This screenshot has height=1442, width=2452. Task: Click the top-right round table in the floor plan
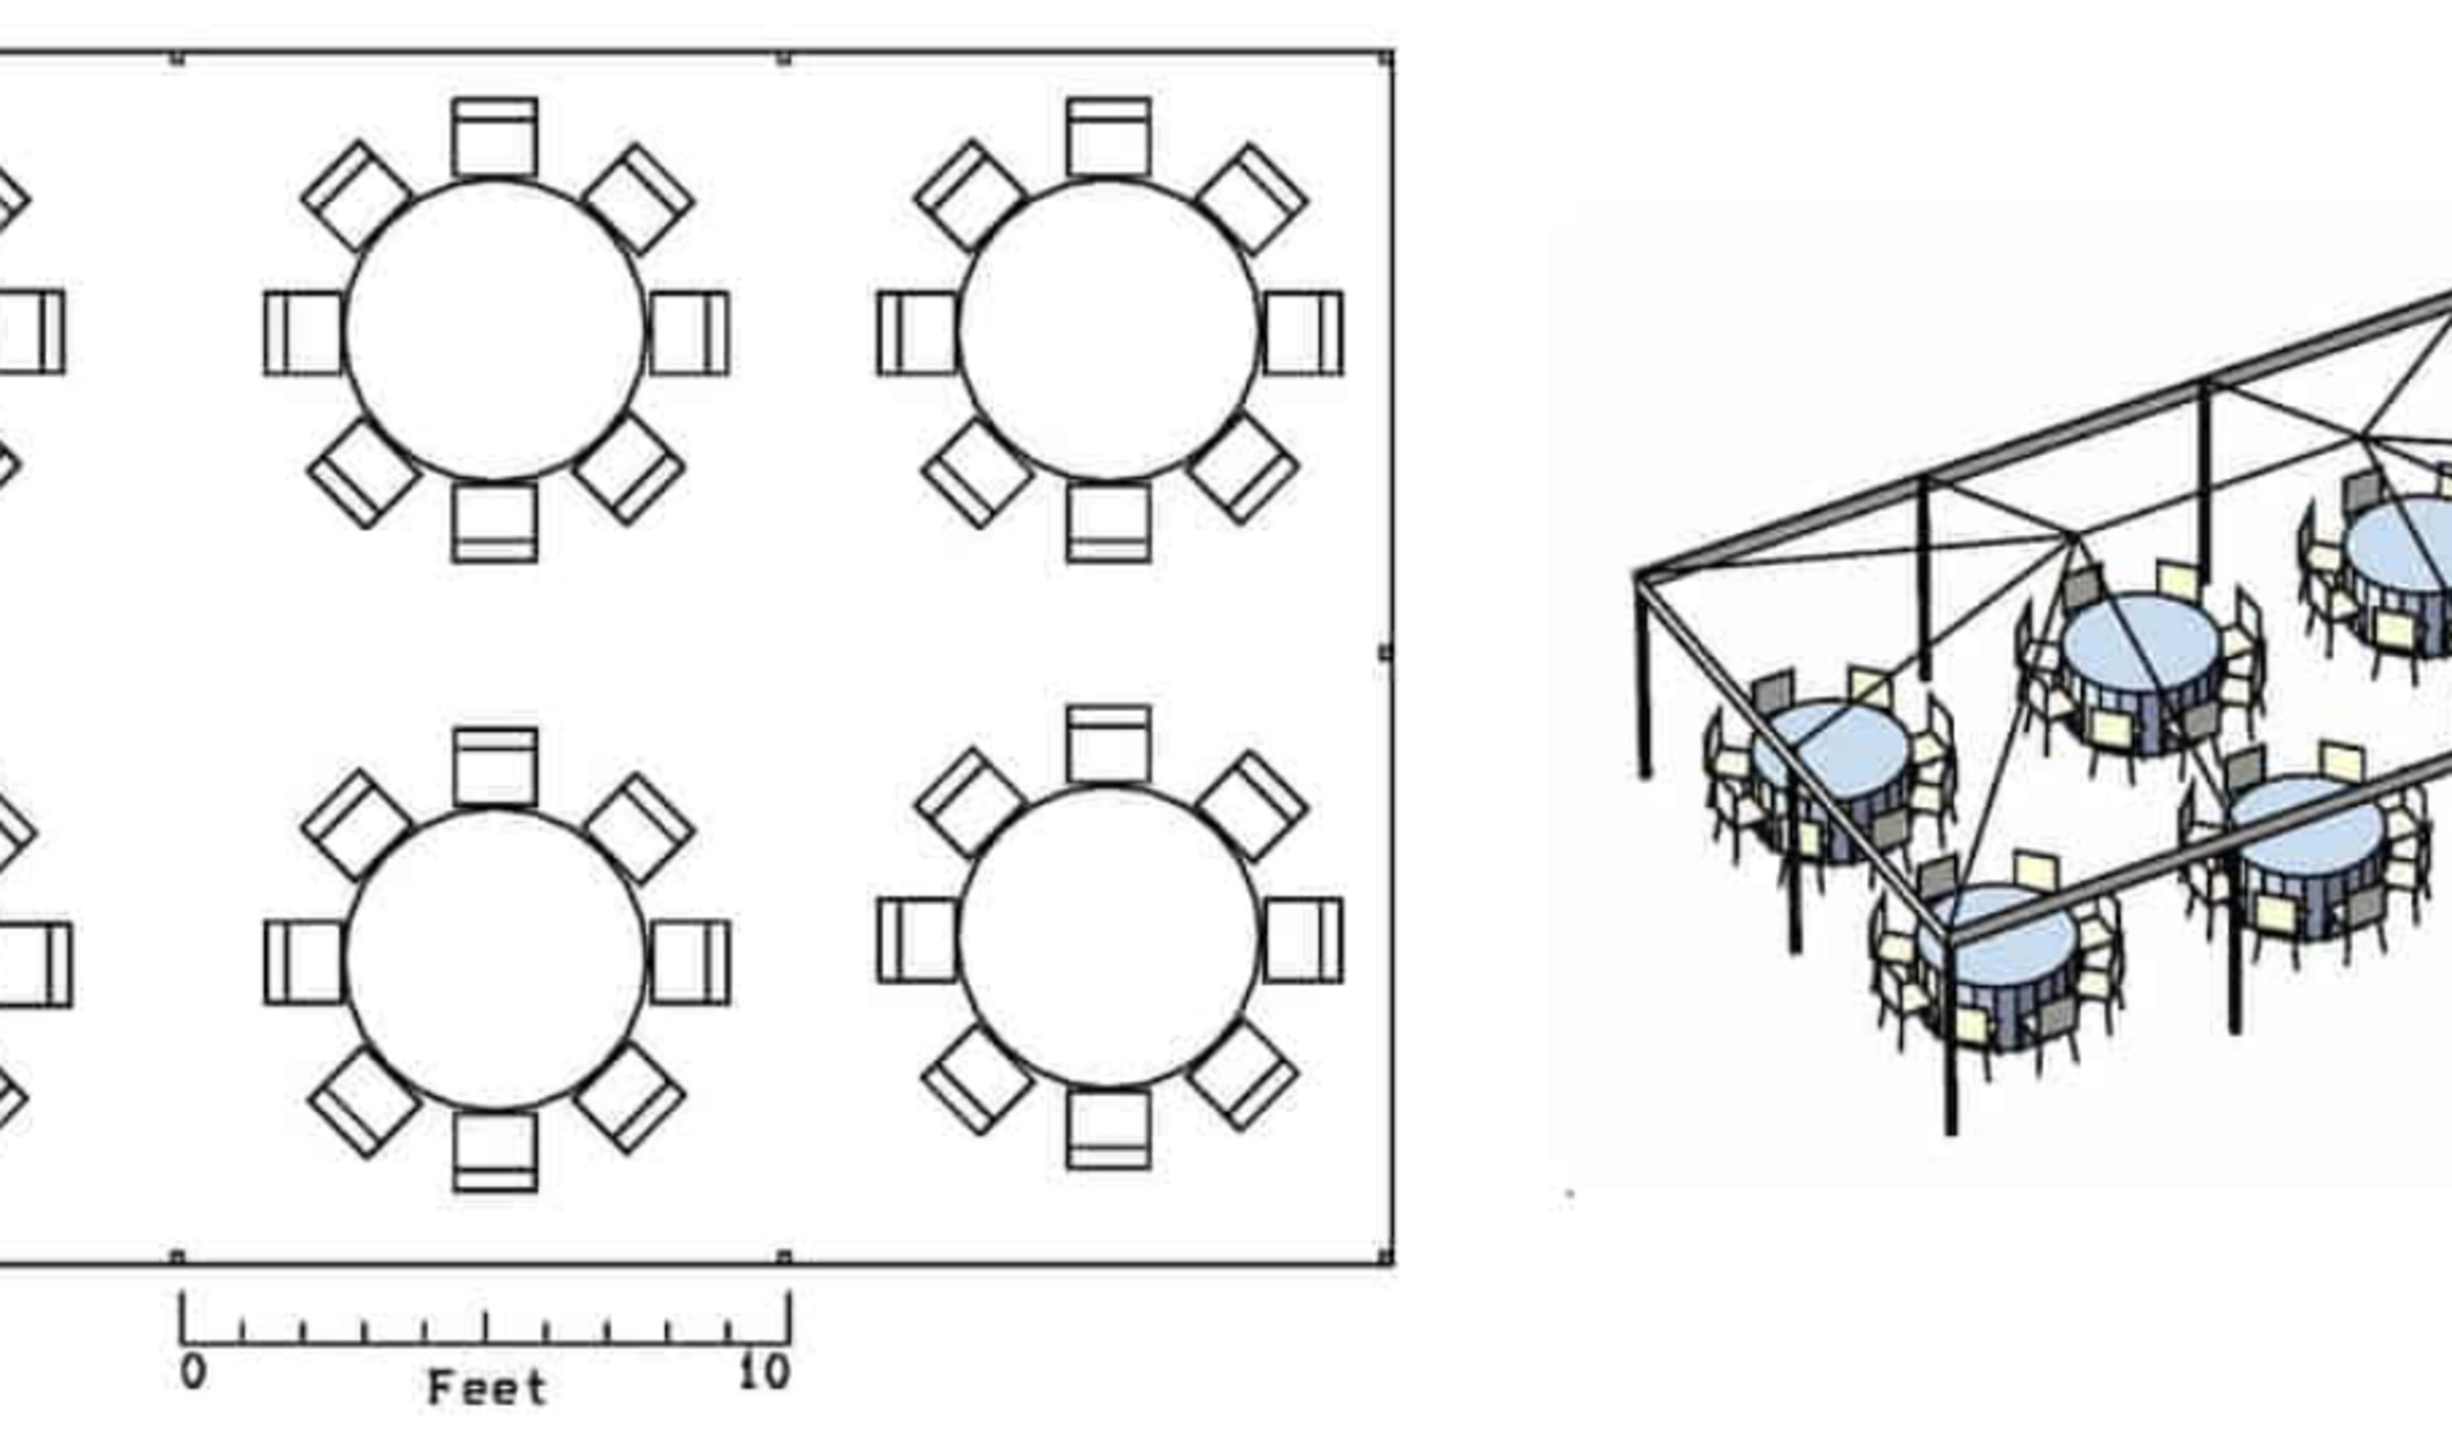(1109, 331)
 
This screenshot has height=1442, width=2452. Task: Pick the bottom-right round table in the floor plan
(1109, 938)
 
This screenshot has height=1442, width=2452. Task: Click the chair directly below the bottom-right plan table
(1109, 1128)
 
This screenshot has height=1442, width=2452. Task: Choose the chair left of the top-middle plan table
(303, 333)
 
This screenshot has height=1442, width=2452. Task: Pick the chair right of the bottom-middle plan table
(690, 961)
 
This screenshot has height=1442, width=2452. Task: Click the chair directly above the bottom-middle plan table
(496, 766)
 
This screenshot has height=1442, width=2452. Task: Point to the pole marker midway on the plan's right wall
(1386, 652)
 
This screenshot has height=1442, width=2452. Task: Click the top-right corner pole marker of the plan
(1386, 60)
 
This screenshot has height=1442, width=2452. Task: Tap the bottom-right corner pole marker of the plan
(1386, 1257)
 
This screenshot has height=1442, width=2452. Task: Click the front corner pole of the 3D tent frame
(1951, 1041)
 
